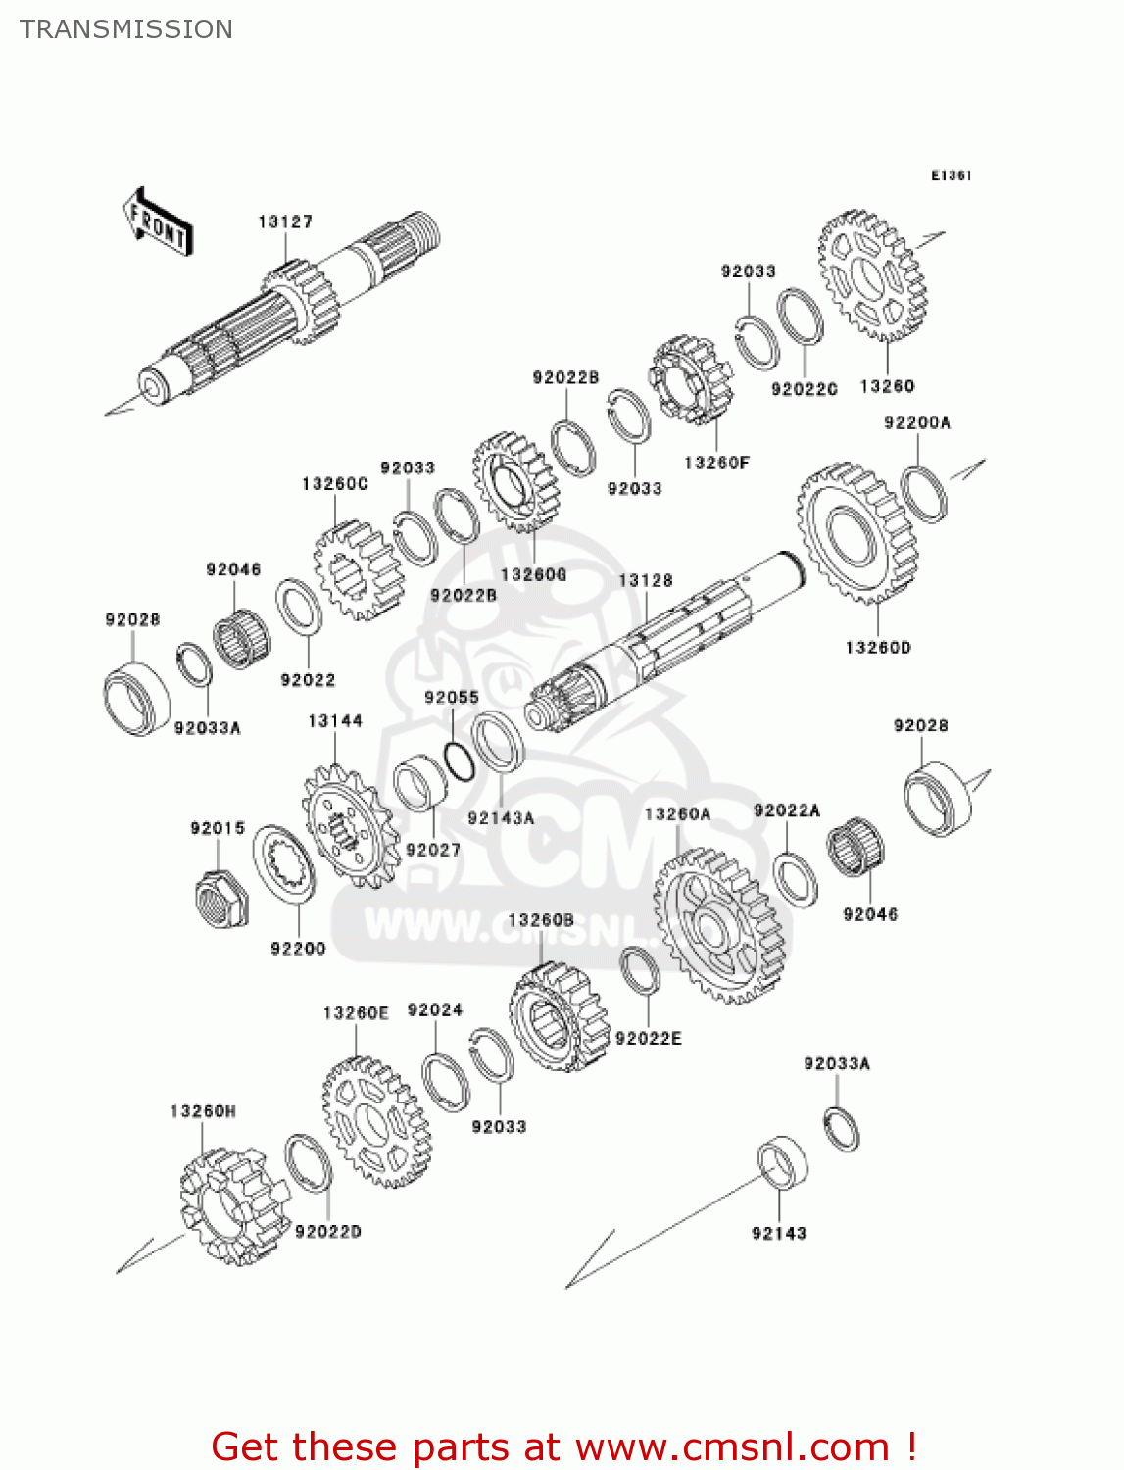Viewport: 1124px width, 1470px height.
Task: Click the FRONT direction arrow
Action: tap(157, 223)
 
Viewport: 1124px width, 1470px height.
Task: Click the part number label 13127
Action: tap(285, 222)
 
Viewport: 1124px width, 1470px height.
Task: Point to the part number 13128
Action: tap(646, 581)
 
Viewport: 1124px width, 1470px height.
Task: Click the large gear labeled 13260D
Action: tap(857, 534)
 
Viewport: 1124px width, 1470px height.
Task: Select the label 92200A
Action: tap(917, 423)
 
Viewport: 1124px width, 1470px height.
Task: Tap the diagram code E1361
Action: tap(951, 175)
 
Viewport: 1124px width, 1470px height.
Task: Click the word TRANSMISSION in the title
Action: tap(126, 29)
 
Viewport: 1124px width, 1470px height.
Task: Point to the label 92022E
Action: tap(648, 1039)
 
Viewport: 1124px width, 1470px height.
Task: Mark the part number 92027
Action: tap(433, 850)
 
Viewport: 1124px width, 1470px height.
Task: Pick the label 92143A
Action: tap(501, 818)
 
